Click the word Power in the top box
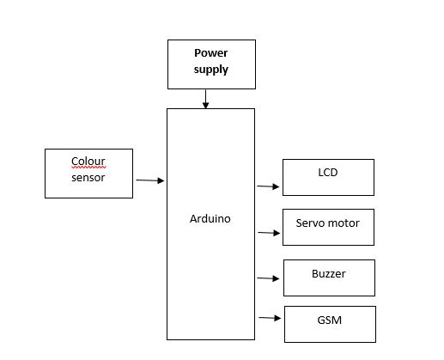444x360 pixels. click(x=211, y=53)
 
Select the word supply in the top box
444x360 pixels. click(x=211, y=70)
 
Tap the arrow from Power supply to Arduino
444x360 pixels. click(x=205, y=99)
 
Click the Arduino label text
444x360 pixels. click(x=210, y=219)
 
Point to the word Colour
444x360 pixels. click(x=88, y=161)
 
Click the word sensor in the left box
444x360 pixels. click(x=88, y=178)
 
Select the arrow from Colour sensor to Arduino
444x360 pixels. click(x=150, y=180)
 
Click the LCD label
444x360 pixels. click(x=328, y=173)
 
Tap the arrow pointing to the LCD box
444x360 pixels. click(x=268, y=186)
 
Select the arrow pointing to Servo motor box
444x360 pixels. click(x=269, y=233)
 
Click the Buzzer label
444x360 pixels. click(x=329, y=274)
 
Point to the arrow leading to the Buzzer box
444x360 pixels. click(x=268, y=278)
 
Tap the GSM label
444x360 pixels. click(x=330, y=320)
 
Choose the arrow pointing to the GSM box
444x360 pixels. click(x=270, y=318)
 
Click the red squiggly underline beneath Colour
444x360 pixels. click(x=88, y=168)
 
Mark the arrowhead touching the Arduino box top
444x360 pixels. click(x=205, y=106)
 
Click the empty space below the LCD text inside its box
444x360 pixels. click(x=328, y=186)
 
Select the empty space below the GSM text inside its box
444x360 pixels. click(x=330, y=333)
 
